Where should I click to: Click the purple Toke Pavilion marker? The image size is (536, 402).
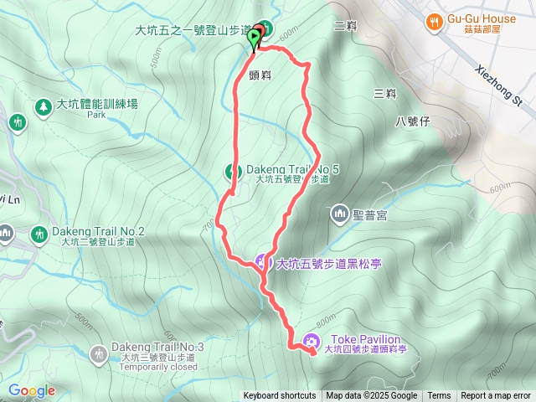click(x=312, y=340)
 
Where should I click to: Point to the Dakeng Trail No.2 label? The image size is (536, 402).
click(x=99, y=231)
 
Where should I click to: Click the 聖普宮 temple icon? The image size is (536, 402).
click(x=338, y=215)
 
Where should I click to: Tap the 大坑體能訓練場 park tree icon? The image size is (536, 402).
click(x=42, y=106)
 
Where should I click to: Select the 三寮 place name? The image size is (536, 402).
click(x=384, y=93)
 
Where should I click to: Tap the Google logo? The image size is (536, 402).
click(x=31, y=390)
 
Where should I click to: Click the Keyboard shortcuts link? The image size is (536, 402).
click(x=280, y=396)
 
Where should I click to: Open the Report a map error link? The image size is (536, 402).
click(x=496, y=396)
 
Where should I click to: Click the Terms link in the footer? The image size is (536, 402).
click(x=439, y=396)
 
